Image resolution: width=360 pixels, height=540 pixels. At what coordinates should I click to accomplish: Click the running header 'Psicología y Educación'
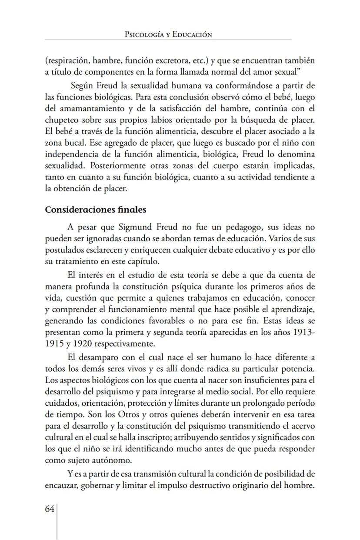tap(168, 34)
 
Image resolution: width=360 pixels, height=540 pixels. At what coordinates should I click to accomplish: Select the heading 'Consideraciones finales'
tap(96, 210)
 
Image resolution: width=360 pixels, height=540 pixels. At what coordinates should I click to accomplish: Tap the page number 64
tap(49, 509)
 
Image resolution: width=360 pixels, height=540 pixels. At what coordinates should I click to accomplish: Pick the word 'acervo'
tap(301, 426)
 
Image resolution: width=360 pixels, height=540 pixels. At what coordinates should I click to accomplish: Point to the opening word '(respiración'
tap(67, 60)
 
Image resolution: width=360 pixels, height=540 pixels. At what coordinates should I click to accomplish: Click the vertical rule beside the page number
tap(57, 520)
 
